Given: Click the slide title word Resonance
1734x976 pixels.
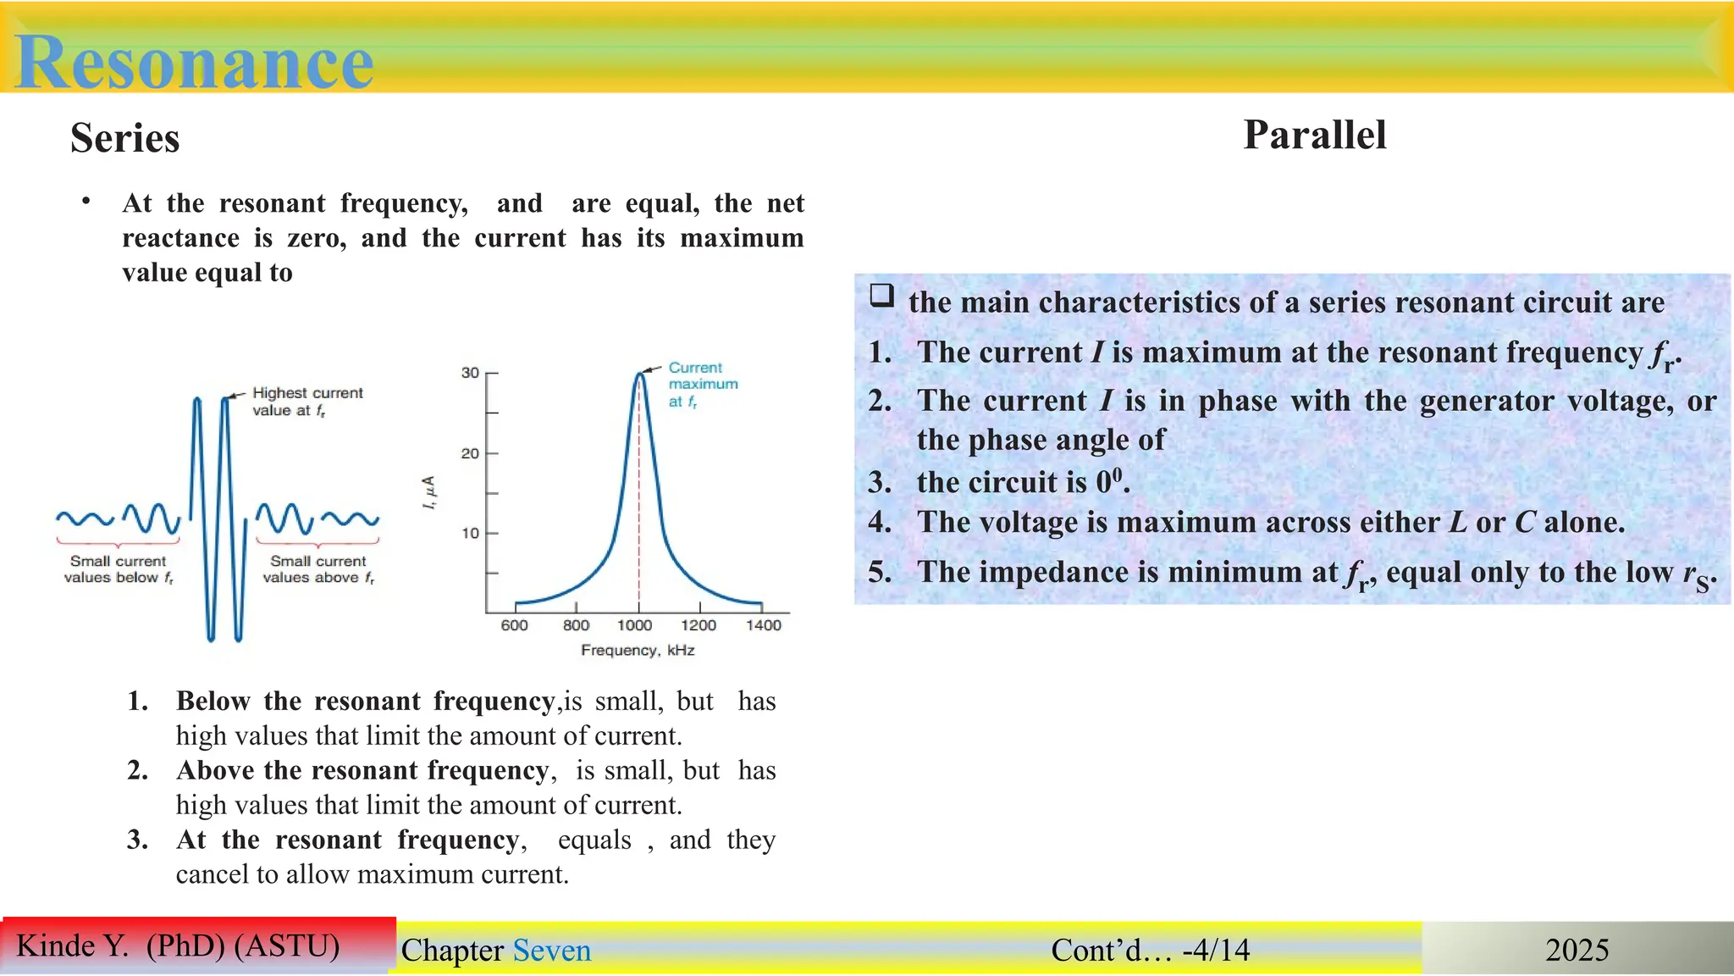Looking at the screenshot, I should click(x=195, y=61).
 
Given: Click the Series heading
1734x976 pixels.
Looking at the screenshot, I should click(x=125, y=138).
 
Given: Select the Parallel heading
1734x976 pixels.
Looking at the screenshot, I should click(x=1314, y=135).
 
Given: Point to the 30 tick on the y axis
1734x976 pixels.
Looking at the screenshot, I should click(x=471, y=373).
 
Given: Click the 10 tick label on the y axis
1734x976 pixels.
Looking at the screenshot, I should click(x=471, y=533).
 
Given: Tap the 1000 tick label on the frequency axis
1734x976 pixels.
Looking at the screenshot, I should click(x=634, y=625).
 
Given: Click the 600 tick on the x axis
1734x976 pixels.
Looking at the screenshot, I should click(x=515, y=625).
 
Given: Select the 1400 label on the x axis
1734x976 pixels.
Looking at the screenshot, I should click(x=764, y=625).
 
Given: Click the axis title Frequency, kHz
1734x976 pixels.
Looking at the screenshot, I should click(x=638, y=650).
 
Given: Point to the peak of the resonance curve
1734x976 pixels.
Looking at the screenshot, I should click(x=640, y=374).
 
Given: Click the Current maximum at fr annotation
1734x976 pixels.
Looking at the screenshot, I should click(x=702, y=384).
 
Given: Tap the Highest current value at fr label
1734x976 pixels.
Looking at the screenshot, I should click(x=306, y=401).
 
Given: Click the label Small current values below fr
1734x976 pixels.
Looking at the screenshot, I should click(x=119, y=569).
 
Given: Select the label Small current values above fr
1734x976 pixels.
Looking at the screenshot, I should click(x=318, y=569).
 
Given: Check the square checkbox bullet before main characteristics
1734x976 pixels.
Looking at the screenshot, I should click(x=881, y=296).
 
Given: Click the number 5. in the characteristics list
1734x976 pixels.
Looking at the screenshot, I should click(x=880, y=572).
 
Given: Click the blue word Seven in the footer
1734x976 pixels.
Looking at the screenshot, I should click(x=552, y=950).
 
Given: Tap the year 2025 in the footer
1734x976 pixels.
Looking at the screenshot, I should click(x=1577, y=950).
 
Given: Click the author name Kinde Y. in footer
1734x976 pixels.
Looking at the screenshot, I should click(x=73, y=945).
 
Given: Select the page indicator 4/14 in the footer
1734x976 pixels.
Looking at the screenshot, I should click(x=1220, y=950).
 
